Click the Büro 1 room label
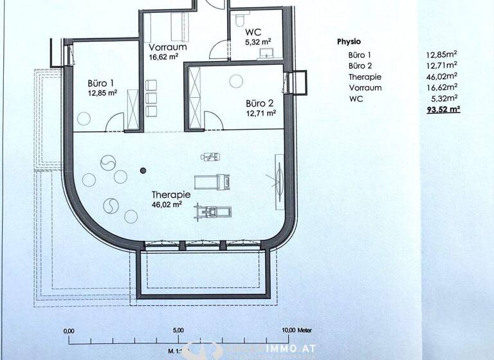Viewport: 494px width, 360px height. pyautogui.click(x=101, y=83)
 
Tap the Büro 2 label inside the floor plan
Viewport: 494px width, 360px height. pyautogui.click(x=259, y=103)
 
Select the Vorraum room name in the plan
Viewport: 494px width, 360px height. pyautogui.click(x=168, y=48)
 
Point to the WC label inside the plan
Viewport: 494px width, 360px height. pyautogui.click(x=253, y=31)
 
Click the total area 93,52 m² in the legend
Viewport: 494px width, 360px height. pyautogui.click(x=443, y=110)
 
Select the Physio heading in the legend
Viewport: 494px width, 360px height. pyautogui.click(x=349, y=41)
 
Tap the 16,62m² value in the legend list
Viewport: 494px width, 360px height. pyautogui.click(x=443, y=87)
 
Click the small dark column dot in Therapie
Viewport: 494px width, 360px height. pyautogui.click(x=143, y=170)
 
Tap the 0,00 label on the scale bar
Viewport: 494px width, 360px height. pyautogui.click(x=69, y=331)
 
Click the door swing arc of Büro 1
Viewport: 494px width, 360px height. pyautogui.click(x=116, y=121)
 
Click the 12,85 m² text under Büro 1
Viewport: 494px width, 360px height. pyautogui.click(x=103, y=93)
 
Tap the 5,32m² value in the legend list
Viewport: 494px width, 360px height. pyautogui.click(x=446, y=98)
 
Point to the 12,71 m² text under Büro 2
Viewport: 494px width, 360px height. pyautogui.click(x=261, y=113)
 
